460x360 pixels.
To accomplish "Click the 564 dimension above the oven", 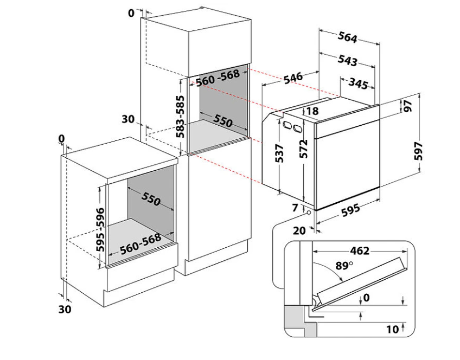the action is [348, 37].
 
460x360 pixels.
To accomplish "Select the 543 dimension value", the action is [348, 60].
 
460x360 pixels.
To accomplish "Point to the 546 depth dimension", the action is [293, 78].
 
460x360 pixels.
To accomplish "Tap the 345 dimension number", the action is [358, 83].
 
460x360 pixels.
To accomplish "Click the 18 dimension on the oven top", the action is [313, 111].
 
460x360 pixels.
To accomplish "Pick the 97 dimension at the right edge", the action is [408, 106].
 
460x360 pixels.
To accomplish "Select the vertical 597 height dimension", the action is [419, 151].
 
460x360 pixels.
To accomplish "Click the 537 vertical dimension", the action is [279, 153].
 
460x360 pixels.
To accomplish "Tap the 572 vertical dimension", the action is [304, 149].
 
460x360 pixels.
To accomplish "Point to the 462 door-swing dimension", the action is [360, 251].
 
